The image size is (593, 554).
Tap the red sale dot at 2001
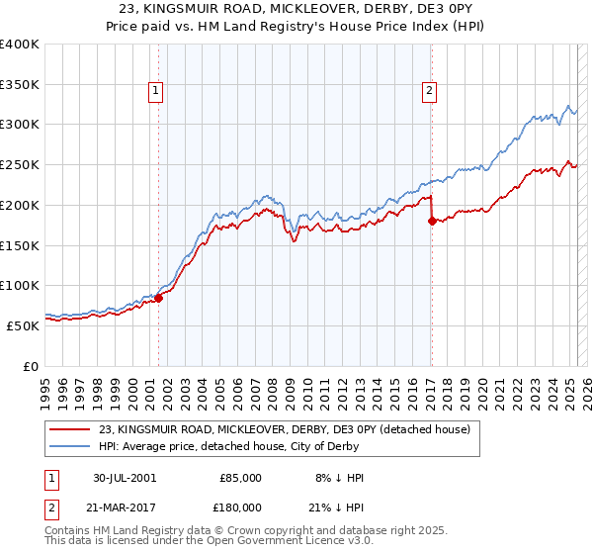[x=159, y=298]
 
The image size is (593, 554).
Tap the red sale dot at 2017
[x=432, y=221]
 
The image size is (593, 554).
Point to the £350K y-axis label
[x=20, y=84]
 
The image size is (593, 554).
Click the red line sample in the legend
[x=69, y=429]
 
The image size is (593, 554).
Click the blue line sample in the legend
[x=69, y=446]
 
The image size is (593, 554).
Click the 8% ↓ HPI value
[x=338, y=478]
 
